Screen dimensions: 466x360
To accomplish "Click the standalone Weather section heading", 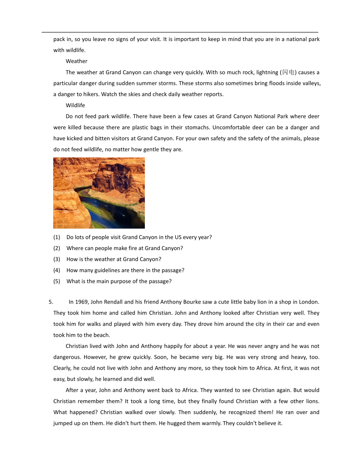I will click(x=76, y=61).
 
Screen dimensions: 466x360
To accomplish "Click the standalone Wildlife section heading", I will click(x=75, y=105).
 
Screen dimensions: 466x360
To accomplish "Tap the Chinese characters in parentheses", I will click(x=288, y=72).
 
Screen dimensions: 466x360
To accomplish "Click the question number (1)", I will click(x=57, y=237).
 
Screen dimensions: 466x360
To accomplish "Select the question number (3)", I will click(x=57, y=259).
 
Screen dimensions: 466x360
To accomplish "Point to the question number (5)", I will click(x=57, y=281).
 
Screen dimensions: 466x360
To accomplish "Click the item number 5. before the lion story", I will click(x=51, y=301).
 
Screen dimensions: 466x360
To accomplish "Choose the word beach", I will click(x=101, y=335).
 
